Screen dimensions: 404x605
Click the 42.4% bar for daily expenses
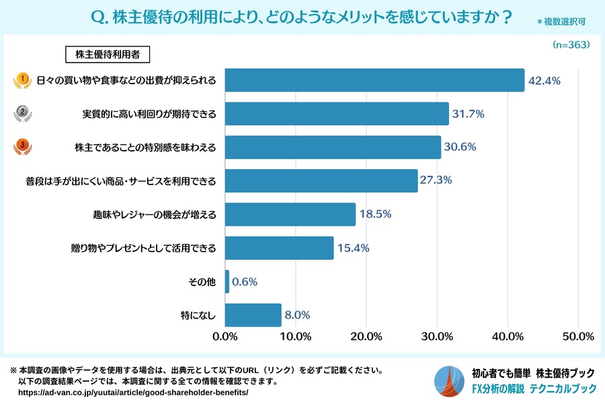click(374, 80)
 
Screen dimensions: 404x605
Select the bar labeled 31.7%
click(336, 114)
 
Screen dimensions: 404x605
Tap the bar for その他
click(227, 281)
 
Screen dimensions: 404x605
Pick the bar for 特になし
click(253, 315)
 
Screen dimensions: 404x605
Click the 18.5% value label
click(376, 214)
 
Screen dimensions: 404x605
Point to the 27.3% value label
click(436, 180)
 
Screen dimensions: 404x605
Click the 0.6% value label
click(245, 281)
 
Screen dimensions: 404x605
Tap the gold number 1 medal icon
click(23, 81)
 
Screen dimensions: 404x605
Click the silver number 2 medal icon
click(23, 114)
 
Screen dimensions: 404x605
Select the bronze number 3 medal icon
click(23, 147)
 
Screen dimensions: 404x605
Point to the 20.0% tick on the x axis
click(366, 336)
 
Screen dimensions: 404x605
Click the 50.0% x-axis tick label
click(577, 336)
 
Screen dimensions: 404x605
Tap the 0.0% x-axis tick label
click(225, 336)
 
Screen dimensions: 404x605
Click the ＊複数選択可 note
click(561, 22)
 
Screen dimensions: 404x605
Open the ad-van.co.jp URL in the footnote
click(133, 392)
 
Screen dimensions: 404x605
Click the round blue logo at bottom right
click(448, 382)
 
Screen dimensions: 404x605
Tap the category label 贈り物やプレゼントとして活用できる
click(144, 248)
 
